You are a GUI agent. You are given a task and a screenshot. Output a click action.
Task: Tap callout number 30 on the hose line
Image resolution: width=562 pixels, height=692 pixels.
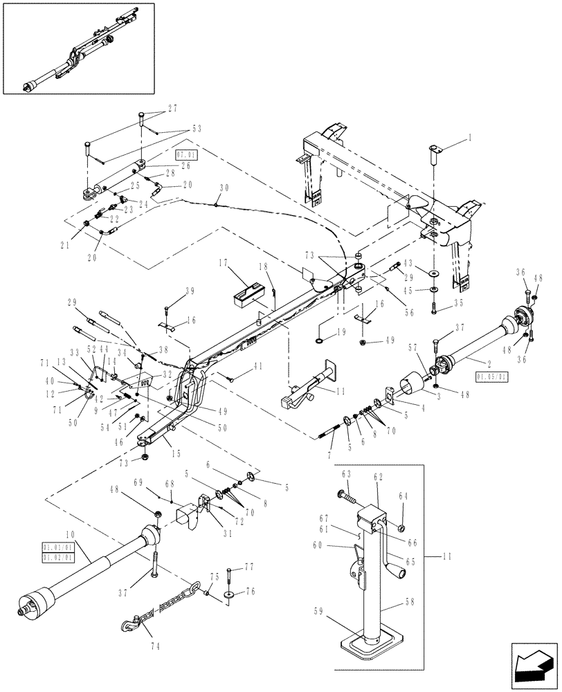pos(224,188)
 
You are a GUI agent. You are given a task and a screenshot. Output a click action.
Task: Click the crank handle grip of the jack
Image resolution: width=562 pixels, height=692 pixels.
pos(400,574)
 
